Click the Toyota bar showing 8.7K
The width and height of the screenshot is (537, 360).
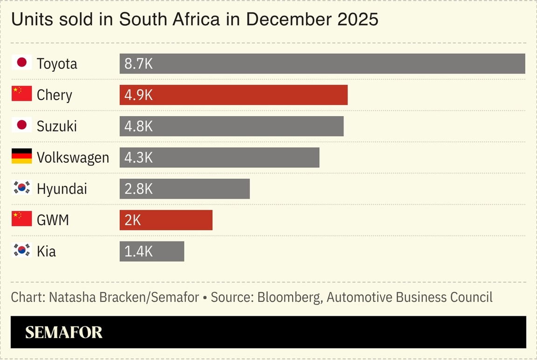pyautogui.click(x=322, y=64)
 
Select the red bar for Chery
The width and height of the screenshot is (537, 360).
pyautogui.click(x=233, y=95)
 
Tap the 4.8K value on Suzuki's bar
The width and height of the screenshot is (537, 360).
pyautogui.click(x=138, y=126)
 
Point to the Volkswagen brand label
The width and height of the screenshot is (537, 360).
pyautogui.click(x=73, y=158)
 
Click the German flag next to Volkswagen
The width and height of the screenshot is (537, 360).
pyautogui.click(x=22, y=157)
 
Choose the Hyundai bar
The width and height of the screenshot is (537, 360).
pyautogui.click(x=184, y=189)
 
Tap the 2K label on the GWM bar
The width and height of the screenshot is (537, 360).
pyautogui.click(x=133, y=220)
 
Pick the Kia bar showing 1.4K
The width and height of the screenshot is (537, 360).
pyautogui.click(x=151, y=251)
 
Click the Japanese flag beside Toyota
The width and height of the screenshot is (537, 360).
pyautogui.click(x=22, y=62)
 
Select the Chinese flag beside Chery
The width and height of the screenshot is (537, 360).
pyautogui.click(x=22, y=94)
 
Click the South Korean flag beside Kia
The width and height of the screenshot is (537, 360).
pyautogui.click(x=22, y=250)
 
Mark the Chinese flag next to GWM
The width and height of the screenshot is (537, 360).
pyautogui.click(x=22, y=219)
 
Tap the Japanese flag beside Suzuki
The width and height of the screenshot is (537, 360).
pyautogui.click(x=22, y=125)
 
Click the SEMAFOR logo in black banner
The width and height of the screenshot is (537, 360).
pyautogui.click(x=64, y=332)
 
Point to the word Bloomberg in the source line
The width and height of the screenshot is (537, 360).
pyautogui.click(x=289, y=298)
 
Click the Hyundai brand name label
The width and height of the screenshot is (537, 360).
pyautogui.click(x=62, y=189)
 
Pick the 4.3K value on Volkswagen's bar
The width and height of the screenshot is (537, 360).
pyautogui.click(x=138, y=158)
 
